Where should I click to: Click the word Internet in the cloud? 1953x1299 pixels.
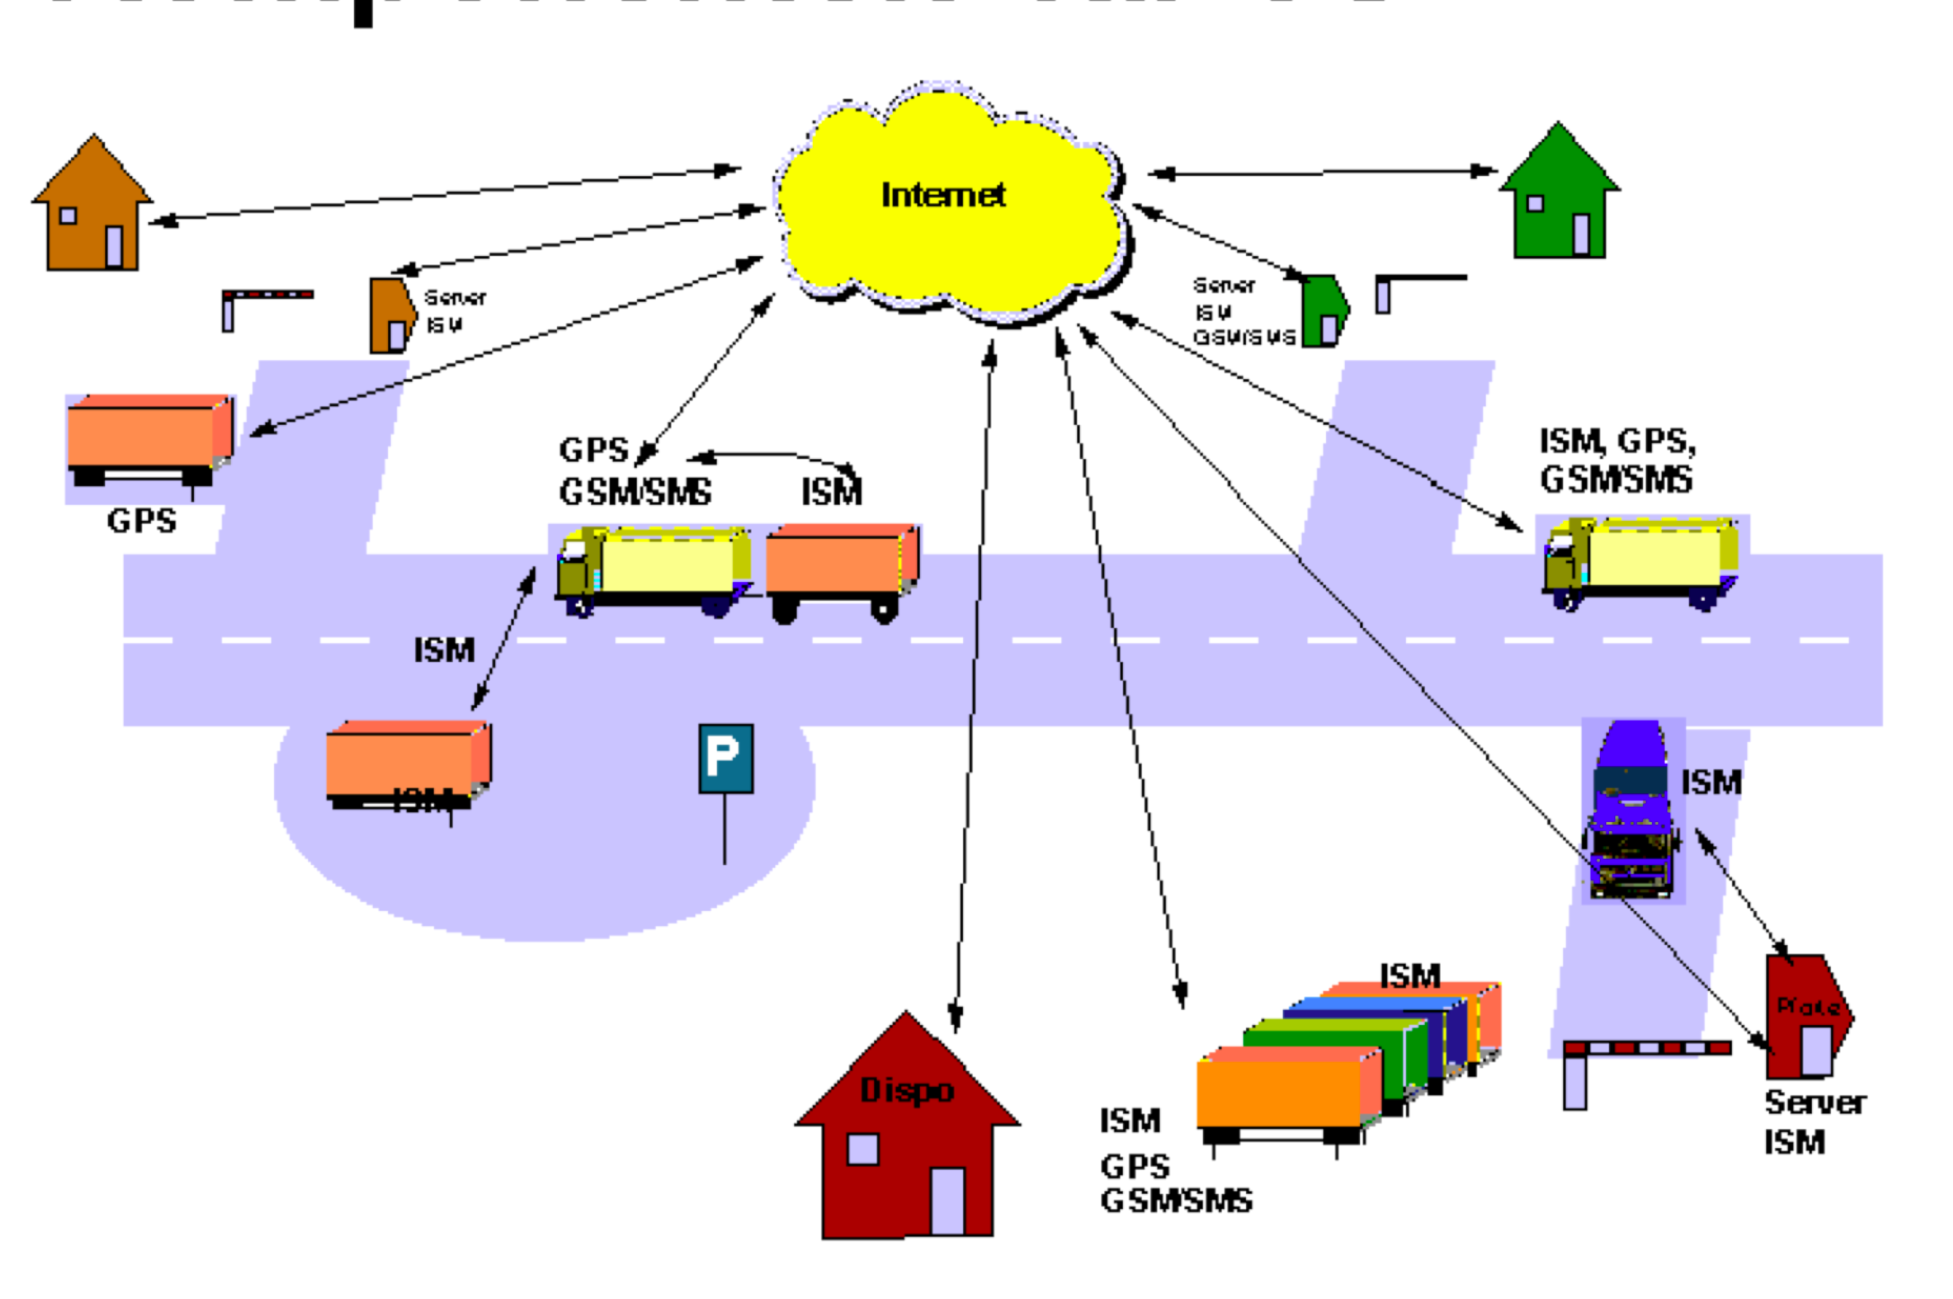[x=942, y=195]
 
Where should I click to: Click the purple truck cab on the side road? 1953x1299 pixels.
[x=1632, y=809]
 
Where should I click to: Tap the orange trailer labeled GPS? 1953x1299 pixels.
[x=149, y=436]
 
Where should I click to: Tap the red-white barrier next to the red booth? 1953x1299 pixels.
[x=1647, y=1048]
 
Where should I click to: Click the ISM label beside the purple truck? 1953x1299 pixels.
[x=1711, y=782]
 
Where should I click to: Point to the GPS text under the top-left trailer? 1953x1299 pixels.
[x=141, y=521]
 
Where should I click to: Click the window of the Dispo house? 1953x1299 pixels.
[x=863, y=1149]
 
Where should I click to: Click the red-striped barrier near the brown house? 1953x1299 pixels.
[x=268, y=295]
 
